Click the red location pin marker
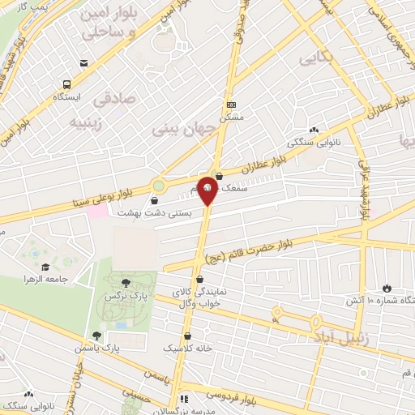click(207, 190)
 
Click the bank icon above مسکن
click(232, 105)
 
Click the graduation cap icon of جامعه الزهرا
click(45, 267)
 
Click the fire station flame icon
click(386, 289)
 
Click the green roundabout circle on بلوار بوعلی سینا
click(158, 185)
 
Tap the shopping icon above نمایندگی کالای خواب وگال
click(199, 280)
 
